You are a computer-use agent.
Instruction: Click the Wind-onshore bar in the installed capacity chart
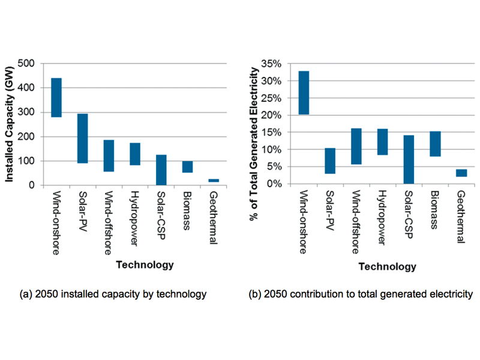56,98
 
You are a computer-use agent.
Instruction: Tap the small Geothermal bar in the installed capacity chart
214,180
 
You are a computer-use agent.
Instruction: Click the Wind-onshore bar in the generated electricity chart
304,92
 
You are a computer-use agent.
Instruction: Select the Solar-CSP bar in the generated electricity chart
409,159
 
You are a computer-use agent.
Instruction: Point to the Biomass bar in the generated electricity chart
435,144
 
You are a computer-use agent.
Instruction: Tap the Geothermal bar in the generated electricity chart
461,173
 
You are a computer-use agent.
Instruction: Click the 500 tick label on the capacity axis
26,63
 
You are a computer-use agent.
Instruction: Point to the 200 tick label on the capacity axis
26,137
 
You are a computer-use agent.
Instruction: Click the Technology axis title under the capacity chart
145,265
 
